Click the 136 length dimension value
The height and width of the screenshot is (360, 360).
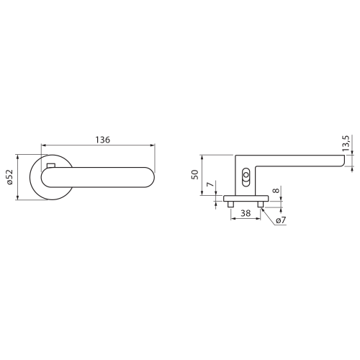coord(103,140)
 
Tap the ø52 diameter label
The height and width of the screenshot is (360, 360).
coord(9,177)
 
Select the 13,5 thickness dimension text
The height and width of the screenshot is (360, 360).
coord(346,143)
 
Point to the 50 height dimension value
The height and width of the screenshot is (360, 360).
coord(195,174)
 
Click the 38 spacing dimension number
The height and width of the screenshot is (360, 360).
coord(246,213)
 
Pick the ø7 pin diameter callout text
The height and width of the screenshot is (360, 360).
coord(281,220)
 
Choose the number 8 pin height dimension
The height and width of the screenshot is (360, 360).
coord(276,191)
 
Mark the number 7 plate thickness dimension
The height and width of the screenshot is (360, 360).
coord(210,184)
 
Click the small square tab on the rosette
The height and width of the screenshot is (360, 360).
coord(51,166)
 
